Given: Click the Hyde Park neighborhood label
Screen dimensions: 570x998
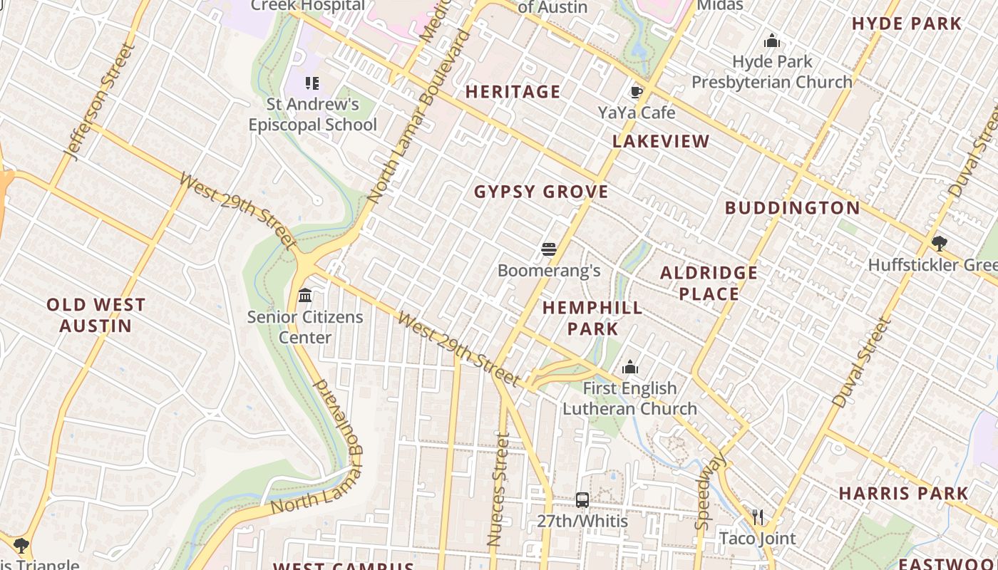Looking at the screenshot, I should [907, 24].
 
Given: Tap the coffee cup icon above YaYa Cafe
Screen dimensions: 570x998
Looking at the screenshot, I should [636, 92].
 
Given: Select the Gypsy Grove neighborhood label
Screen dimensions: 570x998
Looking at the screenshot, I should [541, 192].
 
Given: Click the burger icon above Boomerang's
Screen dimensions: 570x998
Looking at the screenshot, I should [548, 249].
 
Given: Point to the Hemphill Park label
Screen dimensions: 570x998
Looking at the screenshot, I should [592, 318].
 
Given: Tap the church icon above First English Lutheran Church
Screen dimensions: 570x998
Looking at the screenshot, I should [629, 368].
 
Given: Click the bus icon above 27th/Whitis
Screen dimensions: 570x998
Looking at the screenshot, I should [582, 499].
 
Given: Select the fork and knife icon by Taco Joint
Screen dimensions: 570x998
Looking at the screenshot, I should [757, 517].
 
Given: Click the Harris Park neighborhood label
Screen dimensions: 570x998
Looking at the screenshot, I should [903, 493].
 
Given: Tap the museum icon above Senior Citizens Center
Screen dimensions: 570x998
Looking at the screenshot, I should [305, 295].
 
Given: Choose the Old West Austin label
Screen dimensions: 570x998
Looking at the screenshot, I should [96, 316].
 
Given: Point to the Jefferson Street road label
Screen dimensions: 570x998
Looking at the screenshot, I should [99, 101].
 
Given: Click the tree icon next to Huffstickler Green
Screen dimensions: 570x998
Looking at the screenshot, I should [939, 244].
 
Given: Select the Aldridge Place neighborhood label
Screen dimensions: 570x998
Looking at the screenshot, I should [709, 283].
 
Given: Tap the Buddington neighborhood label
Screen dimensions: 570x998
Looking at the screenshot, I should [792, 208].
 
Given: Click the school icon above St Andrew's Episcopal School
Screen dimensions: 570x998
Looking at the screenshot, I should [312, 83].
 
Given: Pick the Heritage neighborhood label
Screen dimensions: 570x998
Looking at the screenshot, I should [513, 92].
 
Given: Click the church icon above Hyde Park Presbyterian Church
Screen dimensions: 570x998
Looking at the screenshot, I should [771, 41].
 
